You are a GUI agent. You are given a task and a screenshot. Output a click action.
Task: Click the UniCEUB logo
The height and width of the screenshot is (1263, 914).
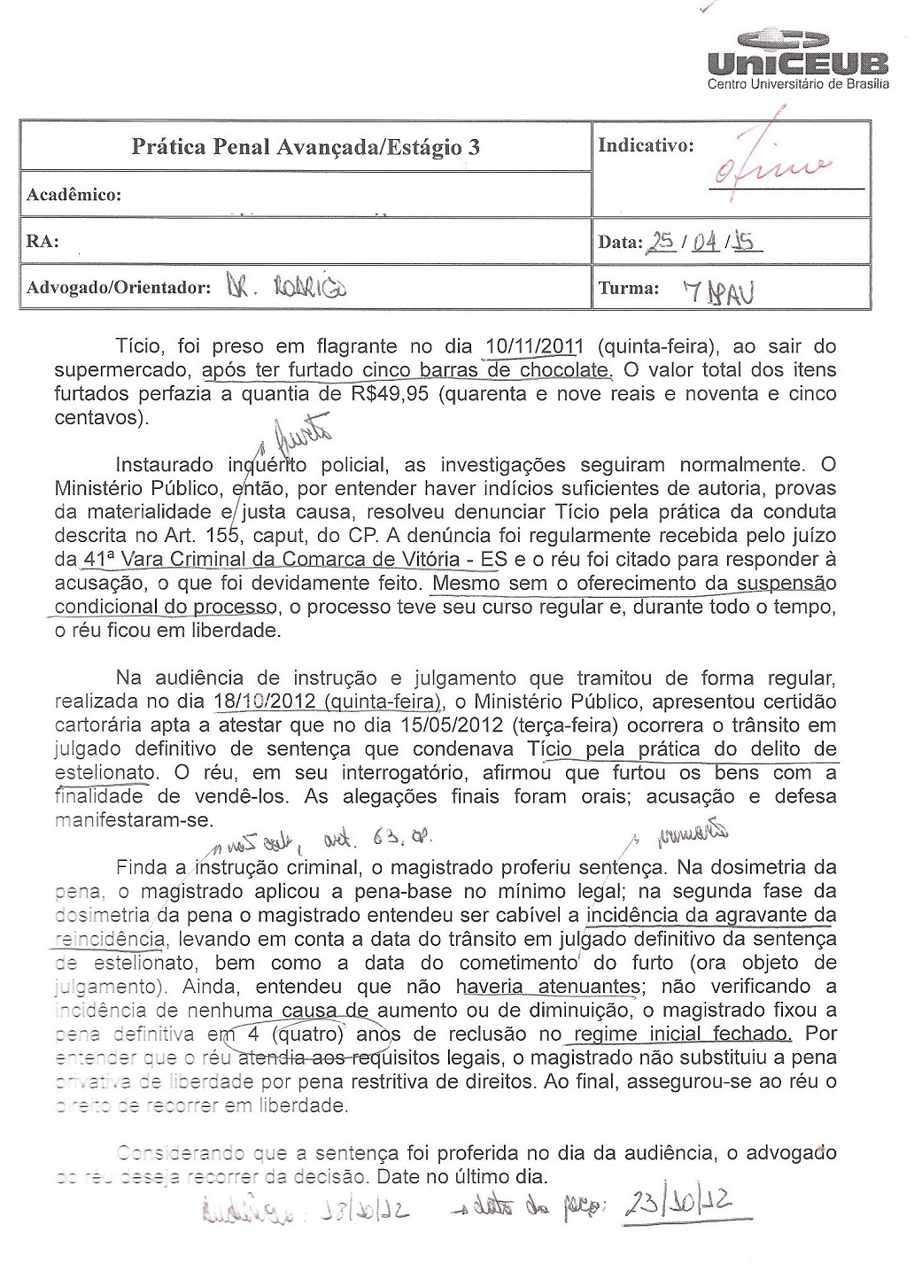tap(797, 53)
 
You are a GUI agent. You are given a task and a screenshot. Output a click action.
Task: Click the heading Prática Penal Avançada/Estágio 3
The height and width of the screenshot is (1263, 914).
tap(306, 147)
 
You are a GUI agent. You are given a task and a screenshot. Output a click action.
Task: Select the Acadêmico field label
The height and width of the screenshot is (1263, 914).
tap(74, 195)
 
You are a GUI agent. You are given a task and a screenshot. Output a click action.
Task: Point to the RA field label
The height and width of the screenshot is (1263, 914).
tap(43, 241)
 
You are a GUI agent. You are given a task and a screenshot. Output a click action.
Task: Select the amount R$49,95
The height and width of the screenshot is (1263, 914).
tap(388, 394)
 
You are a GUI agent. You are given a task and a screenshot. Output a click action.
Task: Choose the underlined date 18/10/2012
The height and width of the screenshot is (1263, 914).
tap(265, 702)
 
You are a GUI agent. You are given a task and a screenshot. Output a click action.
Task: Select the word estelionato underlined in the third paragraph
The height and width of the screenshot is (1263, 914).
tap(105, 773)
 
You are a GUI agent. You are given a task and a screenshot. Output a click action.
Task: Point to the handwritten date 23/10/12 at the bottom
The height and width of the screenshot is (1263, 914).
tap(677, 1203)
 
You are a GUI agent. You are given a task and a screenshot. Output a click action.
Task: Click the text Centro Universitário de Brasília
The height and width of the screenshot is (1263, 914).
tap(797, 84)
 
